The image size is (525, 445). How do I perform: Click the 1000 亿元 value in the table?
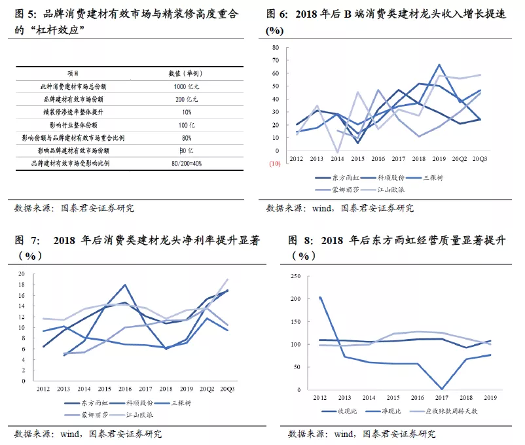[x=186, y=86]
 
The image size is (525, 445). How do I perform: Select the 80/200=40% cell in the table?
[x=187, y=164]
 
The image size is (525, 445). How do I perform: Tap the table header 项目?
[x=73, y=73]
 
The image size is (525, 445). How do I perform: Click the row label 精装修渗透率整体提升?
[x=73, y=112]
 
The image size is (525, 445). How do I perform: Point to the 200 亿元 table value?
[x=187, y=99]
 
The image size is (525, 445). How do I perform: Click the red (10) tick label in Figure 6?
[x=274, y=164]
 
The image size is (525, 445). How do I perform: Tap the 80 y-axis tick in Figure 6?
[x=276, y=48]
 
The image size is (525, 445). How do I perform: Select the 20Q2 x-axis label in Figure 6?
[x=460, y=159]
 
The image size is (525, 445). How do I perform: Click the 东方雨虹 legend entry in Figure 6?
[x=337, y=178]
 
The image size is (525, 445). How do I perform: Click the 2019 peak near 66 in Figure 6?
[x=439, y=65]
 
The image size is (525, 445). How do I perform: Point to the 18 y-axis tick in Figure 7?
[x=22, y=285]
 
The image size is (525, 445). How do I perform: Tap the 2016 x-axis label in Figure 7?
[x=125, y=389]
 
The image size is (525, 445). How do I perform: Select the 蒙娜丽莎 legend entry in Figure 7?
[x=86, y=415]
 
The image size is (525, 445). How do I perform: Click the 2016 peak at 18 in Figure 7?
[x=125, y=285]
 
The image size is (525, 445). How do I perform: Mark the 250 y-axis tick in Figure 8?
[x=296, y=276]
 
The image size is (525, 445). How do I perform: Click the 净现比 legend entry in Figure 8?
[x=383, y=411]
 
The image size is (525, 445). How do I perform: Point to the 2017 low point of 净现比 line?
[x=442, y=389]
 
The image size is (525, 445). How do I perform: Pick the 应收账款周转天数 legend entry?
[x=444, y=411]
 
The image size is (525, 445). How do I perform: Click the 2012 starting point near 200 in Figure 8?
[x=320, y=298]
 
